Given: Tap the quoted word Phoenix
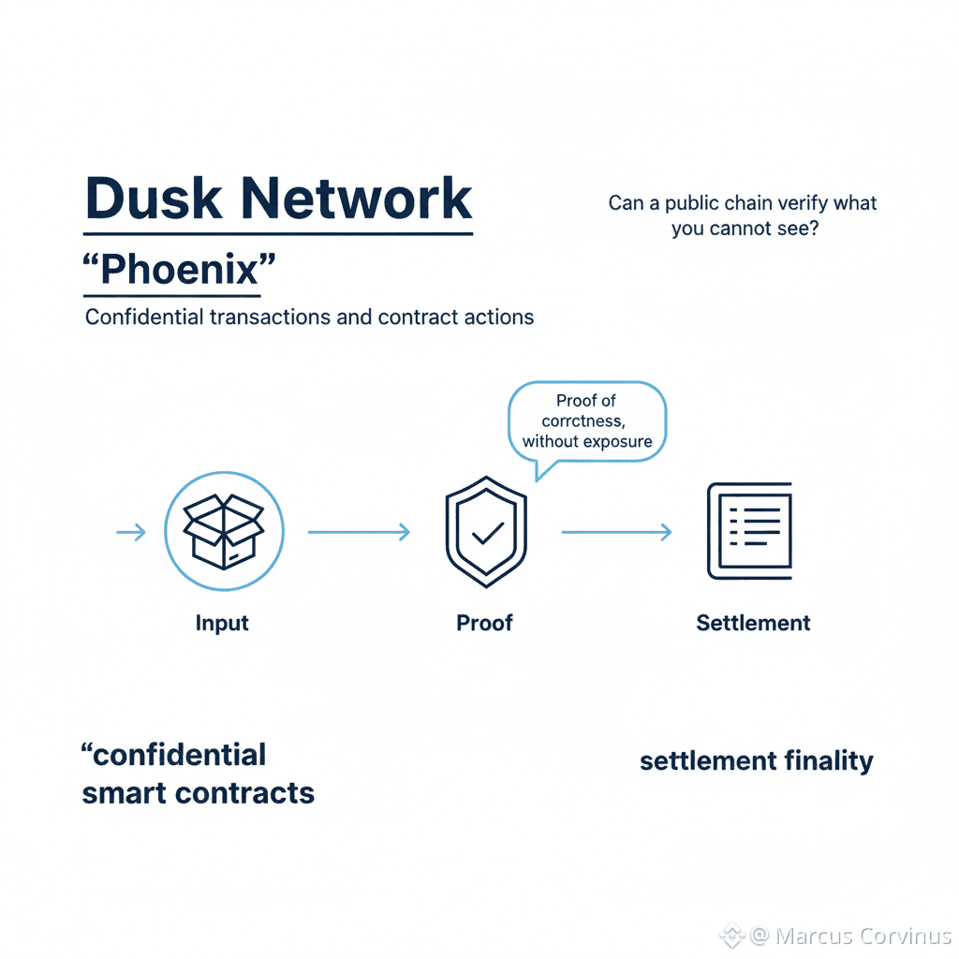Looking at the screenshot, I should [x=177, y=271].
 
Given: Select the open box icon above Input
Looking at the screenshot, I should [x=224, y=532].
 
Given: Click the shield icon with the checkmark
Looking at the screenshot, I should [x=485, y=532].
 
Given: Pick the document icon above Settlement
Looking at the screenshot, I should [x=749, y=531].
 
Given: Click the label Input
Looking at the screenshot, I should [x=222, y=623].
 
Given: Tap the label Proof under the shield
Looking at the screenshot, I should [x=484, y=623].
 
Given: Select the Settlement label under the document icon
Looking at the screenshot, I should [x=753, y=623].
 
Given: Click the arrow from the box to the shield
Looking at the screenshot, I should [x=360, y=532].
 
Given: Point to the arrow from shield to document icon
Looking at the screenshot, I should [x=616, y=532].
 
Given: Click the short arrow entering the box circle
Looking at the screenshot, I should [x=131, y=532].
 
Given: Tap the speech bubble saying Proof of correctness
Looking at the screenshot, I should [x=586, y=421].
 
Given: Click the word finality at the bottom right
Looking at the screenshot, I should [x=830, y=761].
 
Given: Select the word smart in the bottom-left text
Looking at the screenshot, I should [x=122, y=793].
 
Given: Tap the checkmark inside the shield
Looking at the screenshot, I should [x=486, y=535].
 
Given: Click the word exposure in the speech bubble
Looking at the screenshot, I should [x=613, y=441].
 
